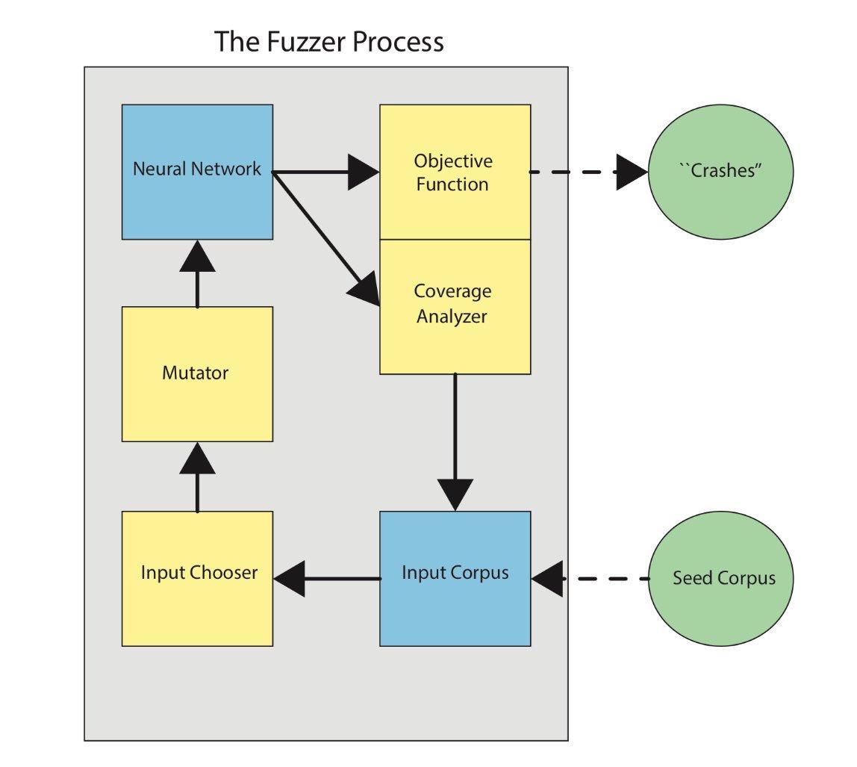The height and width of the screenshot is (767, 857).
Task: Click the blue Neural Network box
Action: pos(197,172)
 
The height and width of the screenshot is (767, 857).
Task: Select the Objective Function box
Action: pos(455,173)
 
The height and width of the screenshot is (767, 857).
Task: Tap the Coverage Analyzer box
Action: pos(455,306)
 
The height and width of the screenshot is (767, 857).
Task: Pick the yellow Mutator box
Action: pos(197,373)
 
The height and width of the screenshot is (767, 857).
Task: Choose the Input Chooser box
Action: pos(197,578)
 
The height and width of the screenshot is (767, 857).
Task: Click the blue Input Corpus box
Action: pos(455,578)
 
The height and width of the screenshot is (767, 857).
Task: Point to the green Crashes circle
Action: pos(720,172)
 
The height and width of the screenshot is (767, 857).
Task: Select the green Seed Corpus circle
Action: pos(720,578)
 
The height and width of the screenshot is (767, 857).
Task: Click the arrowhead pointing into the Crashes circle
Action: pos(632,173)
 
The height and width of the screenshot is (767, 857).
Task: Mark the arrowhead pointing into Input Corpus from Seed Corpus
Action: pos(547,579)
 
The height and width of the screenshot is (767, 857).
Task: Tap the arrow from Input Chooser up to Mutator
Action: pos(197,478)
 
